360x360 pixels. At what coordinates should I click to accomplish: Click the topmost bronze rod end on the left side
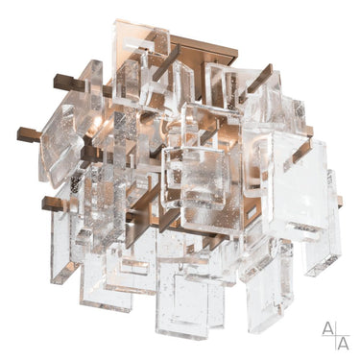[x=64, y=79]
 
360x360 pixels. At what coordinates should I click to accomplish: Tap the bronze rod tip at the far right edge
[x=340, y=202]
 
